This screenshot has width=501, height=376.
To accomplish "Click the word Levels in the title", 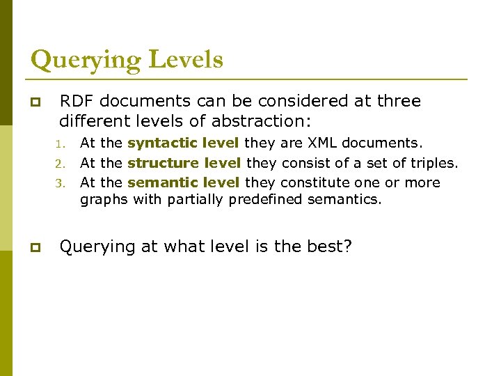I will (x=183, y=59).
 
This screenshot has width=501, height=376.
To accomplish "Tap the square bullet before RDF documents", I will (x=35, y=102).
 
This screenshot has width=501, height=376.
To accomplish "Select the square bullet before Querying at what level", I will (x=35, y=248).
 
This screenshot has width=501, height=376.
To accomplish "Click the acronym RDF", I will (x=77, y=101).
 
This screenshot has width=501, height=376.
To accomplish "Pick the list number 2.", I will (x=61, y=164).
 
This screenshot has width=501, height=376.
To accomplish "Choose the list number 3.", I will (x=61, y=184).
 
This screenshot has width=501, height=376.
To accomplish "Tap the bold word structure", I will (x=162, y=164).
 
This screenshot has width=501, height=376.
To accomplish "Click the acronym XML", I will (x=324, y=143).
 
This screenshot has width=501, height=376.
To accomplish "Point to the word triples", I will (x=436, y=164).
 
